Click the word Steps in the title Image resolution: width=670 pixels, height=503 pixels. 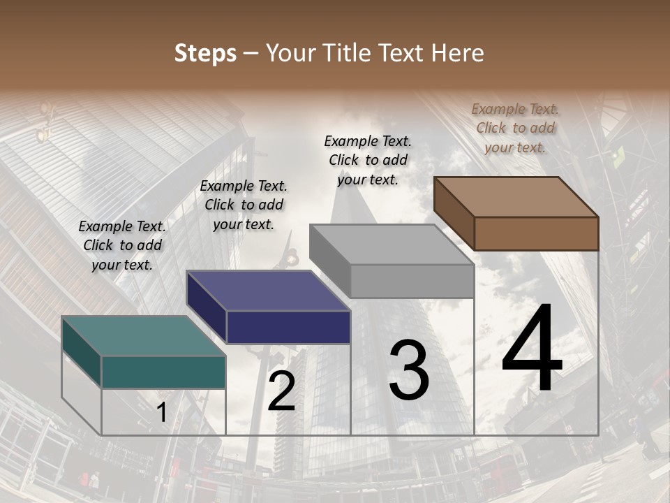coord(205,53)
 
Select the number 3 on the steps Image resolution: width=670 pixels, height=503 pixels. coord(408,370)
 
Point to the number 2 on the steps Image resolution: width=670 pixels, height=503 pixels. coord(281,391)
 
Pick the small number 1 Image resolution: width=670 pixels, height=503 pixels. coord(162,413)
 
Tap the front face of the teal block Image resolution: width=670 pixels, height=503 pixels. coord(163,372)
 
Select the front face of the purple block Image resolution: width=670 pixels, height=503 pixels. coord(288,327)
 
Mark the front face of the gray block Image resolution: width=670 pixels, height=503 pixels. coord(412,281)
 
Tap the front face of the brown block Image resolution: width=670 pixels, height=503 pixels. coord(536,233)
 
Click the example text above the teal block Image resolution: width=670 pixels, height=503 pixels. coord(122,245)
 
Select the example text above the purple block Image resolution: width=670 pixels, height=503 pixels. coord(244,205)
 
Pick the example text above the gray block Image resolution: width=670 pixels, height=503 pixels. coord(368,160)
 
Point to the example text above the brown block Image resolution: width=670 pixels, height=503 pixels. coord(515,128)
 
